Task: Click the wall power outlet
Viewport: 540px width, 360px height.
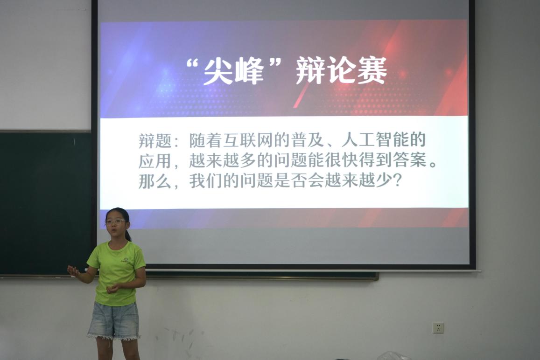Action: click(438, 328)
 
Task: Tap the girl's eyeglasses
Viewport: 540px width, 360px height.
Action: click(115, 222)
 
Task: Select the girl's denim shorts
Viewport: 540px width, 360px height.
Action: click(114, 320)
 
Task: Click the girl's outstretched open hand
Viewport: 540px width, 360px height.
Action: click(73, 270)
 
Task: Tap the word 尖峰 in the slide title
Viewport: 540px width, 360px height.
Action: click(233, 72)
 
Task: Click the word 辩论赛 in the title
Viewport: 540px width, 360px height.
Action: click(341, 70)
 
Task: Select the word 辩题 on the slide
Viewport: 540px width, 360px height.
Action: click(155, 141)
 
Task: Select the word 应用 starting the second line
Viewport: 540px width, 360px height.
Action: click(155, 161)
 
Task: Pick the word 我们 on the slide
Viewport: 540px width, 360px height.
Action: click(206, 181)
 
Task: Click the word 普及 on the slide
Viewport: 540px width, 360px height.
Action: click(307, 140)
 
